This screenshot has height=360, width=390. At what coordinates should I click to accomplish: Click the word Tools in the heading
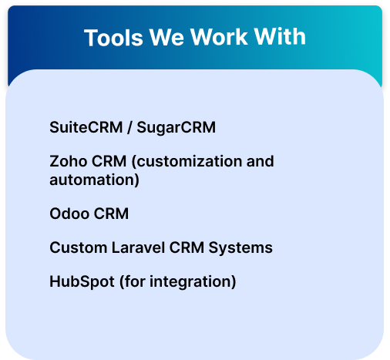point(113,37)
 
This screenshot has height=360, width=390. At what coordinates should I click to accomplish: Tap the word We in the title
point(166,37)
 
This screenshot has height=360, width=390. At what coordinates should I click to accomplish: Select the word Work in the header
point(219,37)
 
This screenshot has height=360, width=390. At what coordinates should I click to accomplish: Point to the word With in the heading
point(280,37)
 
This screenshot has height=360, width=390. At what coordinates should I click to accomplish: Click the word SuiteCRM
point(86,127)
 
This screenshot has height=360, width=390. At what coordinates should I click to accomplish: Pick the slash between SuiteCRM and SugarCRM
point(129,127)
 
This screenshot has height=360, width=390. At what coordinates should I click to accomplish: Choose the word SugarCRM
point(176,128)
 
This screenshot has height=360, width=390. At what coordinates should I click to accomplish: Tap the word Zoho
point(69,161)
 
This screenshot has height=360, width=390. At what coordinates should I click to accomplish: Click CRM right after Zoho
point(109,161)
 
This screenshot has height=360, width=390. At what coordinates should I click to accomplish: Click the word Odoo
point(69,214)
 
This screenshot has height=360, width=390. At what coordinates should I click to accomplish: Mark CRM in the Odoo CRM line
point(111,214)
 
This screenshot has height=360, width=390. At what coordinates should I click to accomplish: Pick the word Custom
point(79,247)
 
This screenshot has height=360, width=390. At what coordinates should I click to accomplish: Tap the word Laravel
point(138,247)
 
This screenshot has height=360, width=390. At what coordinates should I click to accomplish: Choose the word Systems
point(240,248)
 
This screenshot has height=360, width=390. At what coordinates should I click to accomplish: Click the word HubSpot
point(82,282)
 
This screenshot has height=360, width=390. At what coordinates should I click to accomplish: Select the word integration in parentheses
point(191,282)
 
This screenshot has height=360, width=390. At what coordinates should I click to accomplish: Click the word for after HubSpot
point(135,281)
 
